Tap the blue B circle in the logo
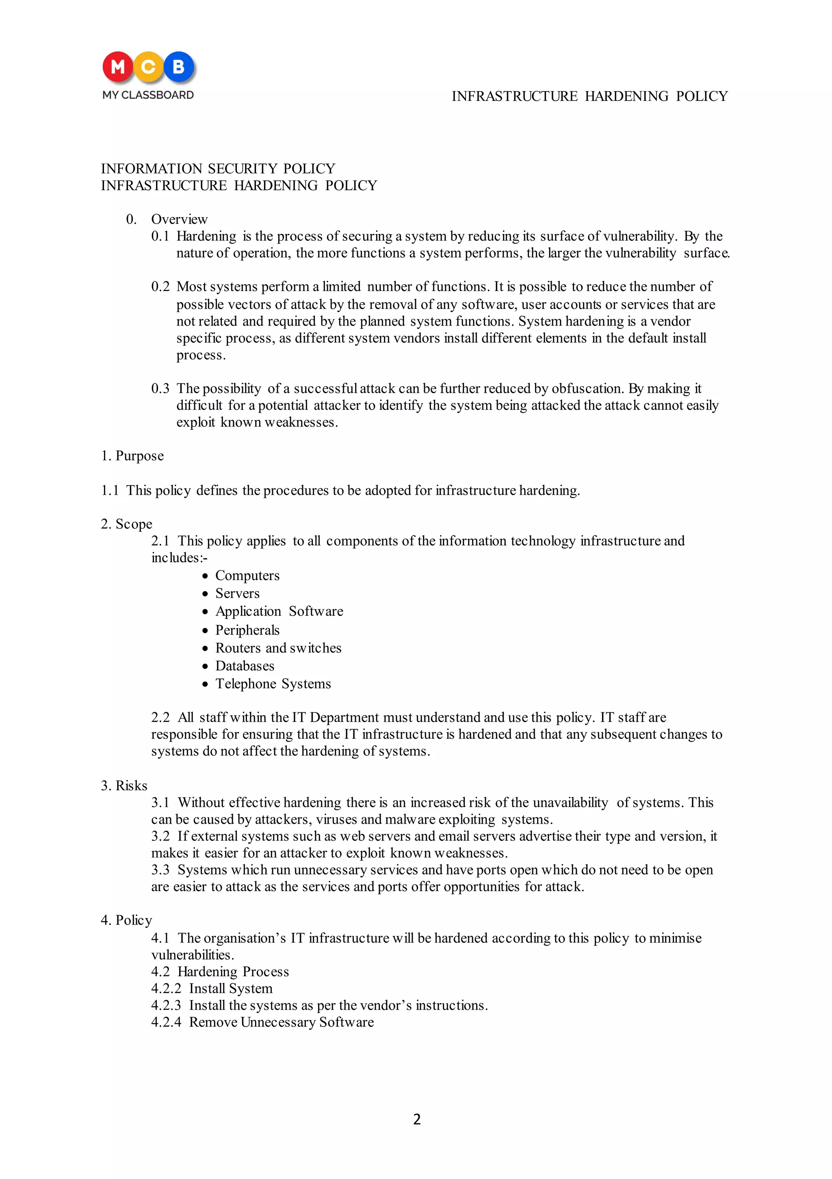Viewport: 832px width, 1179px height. (179, 67)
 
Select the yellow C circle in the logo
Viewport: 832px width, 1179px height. (148, 67)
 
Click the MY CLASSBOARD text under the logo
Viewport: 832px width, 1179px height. (148, 95)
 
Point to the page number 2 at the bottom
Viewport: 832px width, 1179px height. (416, 1119)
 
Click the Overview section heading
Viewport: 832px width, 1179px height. (179, 219)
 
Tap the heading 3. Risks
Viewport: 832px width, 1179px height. (124, 785)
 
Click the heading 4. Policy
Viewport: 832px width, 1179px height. (127, 920)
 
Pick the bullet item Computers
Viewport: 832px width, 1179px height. (247, 575)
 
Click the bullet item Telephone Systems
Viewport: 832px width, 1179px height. (273, 683)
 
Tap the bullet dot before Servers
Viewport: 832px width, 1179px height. (205, 594)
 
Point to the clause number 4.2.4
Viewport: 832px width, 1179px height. (166, 1022)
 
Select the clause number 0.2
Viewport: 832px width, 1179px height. (160, 287)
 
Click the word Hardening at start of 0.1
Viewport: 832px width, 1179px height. (206, 236)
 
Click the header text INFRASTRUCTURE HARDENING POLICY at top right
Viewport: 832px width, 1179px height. (589, 96)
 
